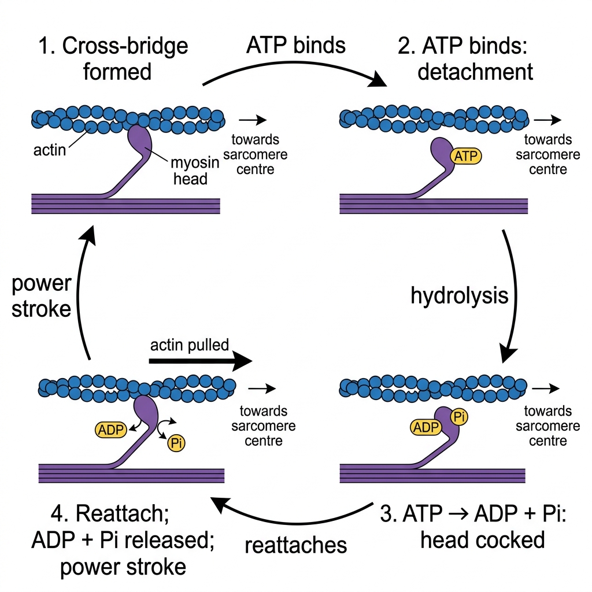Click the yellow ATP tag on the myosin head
466,156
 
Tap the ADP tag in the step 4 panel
110,430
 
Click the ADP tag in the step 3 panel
426,427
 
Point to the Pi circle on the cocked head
459,417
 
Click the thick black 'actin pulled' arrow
201,361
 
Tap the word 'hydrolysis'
460,295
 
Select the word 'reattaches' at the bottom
295,545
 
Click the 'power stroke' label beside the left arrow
41,296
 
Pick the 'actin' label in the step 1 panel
50,150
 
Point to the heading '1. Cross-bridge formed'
114,58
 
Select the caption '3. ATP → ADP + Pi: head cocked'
473,526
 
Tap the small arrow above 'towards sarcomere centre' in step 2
547,120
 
